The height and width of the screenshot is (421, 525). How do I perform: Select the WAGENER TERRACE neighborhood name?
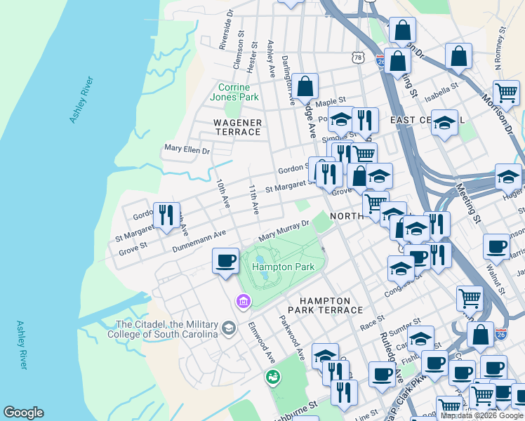coord(237,128)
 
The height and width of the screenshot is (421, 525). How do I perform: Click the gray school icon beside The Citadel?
coord(229,328)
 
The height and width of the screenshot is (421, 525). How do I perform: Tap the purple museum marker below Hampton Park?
coord(243,301)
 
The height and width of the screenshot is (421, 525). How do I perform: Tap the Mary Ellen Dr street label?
coord(187,149)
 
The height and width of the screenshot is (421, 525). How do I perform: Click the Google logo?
coord(23,413)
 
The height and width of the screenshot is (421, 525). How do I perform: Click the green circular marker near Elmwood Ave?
coord(272,377)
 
